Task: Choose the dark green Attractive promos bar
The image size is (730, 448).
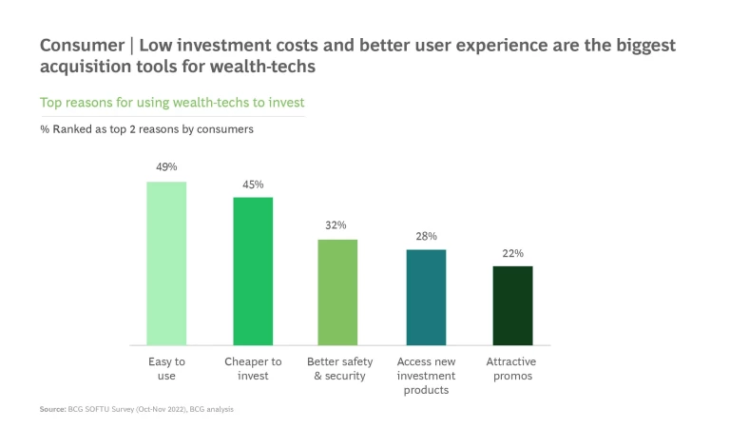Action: coord(512,305)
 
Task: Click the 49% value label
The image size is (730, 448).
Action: coord(166,167)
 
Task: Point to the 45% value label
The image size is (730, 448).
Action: coord(253,184)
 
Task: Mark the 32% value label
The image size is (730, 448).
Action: coord(336,225)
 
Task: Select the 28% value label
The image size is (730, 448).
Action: coord(426,236)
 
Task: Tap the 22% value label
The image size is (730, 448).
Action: coord(512,253)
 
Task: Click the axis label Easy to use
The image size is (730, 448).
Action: coord(166,368)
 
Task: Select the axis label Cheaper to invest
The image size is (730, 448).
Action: coord(253,368)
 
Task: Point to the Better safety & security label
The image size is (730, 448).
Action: coord(339,368)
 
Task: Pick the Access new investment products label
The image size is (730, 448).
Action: coord(426,376)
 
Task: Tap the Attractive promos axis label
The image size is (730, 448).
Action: coord(511,368)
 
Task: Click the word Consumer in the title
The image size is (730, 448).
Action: coord(80,47)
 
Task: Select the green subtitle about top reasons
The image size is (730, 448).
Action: coord(172,102)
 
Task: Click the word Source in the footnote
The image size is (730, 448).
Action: coord(52,410)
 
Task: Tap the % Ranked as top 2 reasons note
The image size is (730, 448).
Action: coord(133,128)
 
